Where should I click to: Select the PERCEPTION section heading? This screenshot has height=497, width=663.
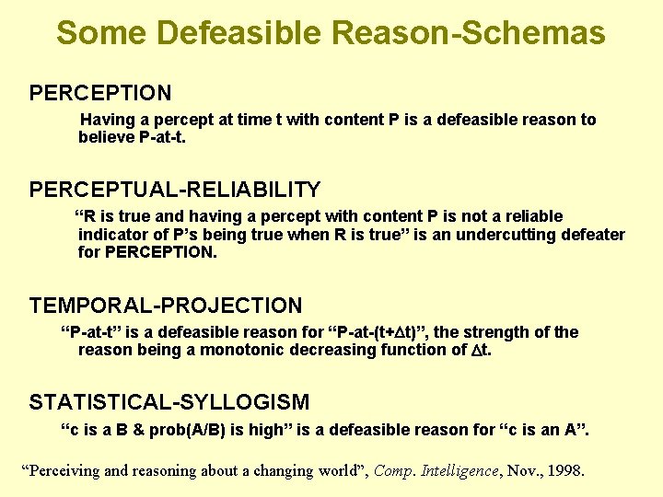[x=100, y=93]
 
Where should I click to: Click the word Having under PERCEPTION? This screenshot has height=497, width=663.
[x=108, y=120]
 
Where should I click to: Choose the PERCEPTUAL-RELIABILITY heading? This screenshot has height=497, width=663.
[x=175, y=190]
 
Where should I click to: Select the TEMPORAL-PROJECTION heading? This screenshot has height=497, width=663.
[x=166, y=306]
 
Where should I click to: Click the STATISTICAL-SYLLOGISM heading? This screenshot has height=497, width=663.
[x=169, y=402]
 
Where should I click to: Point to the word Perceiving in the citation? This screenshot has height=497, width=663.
[x=65, y=470]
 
